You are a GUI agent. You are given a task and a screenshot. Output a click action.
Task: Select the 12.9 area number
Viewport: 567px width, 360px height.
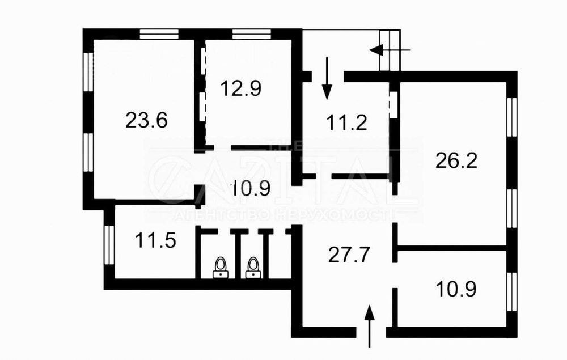click(241, 88)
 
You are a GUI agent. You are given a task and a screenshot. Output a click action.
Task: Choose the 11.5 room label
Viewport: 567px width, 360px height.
click(155, 240)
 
